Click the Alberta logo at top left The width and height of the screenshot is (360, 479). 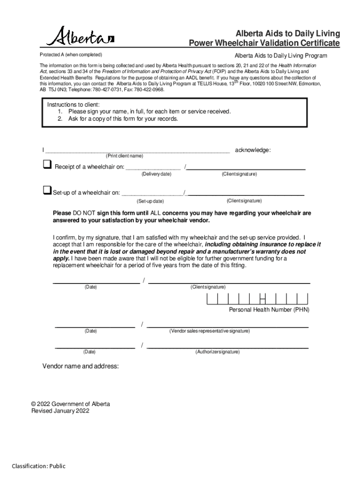80,36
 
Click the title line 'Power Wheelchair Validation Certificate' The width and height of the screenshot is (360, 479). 264,44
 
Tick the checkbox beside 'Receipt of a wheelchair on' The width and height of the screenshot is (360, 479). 47,165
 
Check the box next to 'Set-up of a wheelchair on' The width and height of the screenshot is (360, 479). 46,190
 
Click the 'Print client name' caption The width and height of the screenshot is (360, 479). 124,156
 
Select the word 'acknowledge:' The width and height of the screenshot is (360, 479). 252,150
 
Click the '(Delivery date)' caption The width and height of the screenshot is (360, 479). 156,174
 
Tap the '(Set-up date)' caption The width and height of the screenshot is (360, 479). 150,201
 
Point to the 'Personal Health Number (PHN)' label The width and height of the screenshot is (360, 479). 269,310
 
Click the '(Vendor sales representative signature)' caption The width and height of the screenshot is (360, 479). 209,331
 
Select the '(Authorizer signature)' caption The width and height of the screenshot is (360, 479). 217,351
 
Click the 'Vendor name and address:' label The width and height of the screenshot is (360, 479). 81,366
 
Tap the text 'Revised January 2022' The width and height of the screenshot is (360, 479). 60,411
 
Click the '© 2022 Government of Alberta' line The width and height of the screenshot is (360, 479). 71,404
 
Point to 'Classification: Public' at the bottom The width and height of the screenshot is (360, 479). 39,466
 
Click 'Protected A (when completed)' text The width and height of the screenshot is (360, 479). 71,55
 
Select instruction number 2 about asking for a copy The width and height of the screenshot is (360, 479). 118,119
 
